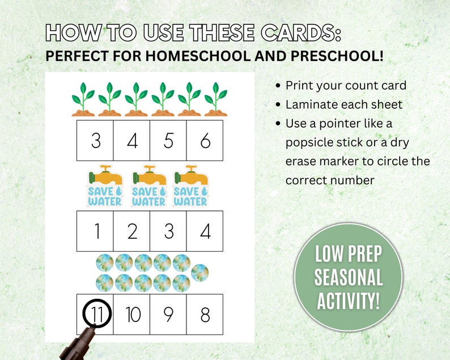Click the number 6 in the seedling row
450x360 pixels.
tap(205, 140)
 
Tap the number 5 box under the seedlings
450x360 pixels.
tap(168, 140)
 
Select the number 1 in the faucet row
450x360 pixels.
tap(95, 231)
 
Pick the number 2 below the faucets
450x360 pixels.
tap(132, 231)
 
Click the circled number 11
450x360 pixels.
tap(97, 314)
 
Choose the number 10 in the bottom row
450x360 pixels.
tap(132, 314)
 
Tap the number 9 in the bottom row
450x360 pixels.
tap(168, 314)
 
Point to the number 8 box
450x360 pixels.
tap(205, 314)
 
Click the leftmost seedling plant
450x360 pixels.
tap(83, 100)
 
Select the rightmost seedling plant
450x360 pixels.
tap(215, 100)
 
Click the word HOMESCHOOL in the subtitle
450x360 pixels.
tap(181, 57)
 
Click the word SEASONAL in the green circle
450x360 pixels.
tap(349, 278)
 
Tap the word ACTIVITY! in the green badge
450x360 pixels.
tap(349, 300)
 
